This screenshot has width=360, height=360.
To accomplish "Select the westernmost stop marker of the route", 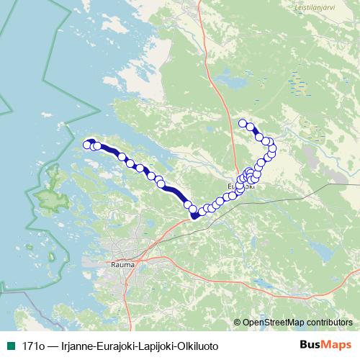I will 88,145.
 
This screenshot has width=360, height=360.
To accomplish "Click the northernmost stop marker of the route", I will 243,122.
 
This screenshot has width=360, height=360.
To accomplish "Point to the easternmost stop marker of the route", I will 273,149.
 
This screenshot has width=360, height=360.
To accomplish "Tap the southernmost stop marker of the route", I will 194,214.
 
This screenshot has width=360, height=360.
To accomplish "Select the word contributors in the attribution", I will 328,322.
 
